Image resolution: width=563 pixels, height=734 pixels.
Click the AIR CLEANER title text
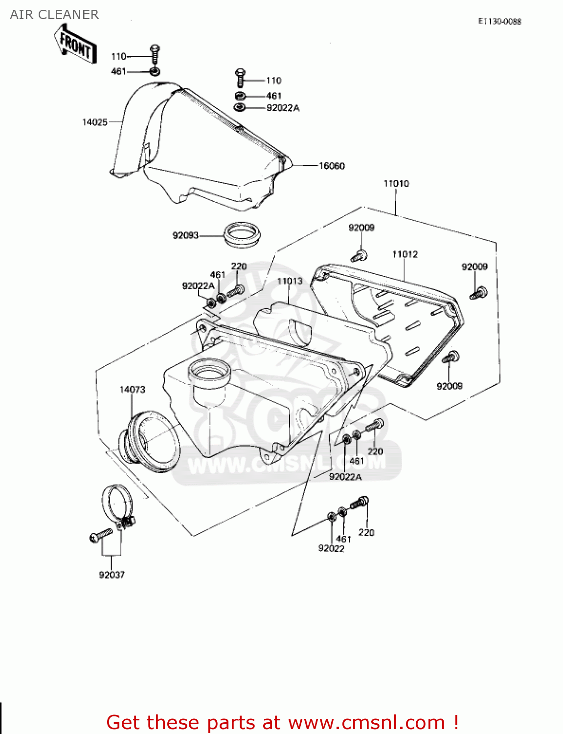click(54, 15)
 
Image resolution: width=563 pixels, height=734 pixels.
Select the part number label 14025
click(94, 122)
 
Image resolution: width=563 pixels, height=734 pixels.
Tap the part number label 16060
click(332, 166)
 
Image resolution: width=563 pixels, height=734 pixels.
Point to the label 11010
click(396, 183)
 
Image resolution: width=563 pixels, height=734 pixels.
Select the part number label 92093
click(185, 235)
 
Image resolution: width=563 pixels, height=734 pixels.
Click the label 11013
click(290, 281)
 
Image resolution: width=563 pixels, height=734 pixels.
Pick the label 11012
click(405, 254)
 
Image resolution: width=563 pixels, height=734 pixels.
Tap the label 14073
click(133, 390)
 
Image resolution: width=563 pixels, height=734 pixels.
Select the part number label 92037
click(112, 575)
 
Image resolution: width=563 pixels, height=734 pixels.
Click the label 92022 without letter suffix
click(331, 549)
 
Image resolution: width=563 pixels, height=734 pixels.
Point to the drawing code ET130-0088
click(499, 21)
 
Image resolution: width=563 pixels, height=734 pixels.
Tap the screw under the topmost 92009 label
click(359, 255)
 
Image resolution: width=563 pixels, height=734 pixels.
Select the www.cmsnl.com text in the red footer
click(366, 722)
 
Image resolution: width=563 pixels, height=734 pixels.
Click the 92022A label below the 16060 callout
click(283, 108)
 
